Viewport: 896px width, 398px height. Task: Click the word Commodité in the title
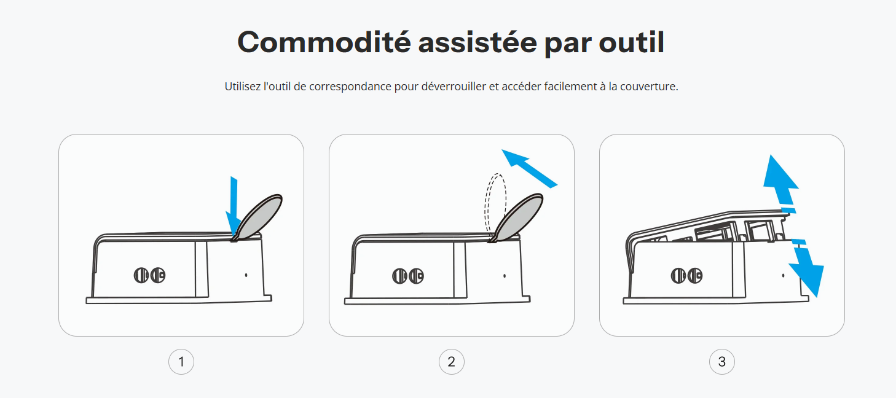[324, 42]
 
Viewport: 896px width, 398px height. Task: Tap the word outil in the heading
[632, 42]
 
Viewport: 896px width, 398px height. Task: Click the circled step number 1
[181, 362]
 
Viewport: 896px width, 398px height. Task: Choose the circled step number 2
[452, 362]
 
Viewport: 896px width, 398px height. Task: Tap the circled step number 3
[722, 362]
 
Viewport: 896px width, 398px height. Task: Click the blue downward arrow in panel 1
[234, 208]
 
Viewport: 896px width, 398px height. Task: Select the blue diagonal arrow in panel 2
[529, 168]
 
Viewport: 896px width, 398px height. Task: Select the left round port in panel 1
[141, 275]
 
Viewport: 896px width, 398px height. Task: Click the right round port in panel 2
[417, 276]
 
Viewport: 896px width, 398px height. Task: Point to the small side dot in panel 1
[246, 275]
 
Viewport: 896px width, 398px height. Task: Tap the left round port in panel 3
[678, 276]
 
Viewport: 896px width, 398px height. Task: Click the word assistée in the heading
[477, 42]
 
